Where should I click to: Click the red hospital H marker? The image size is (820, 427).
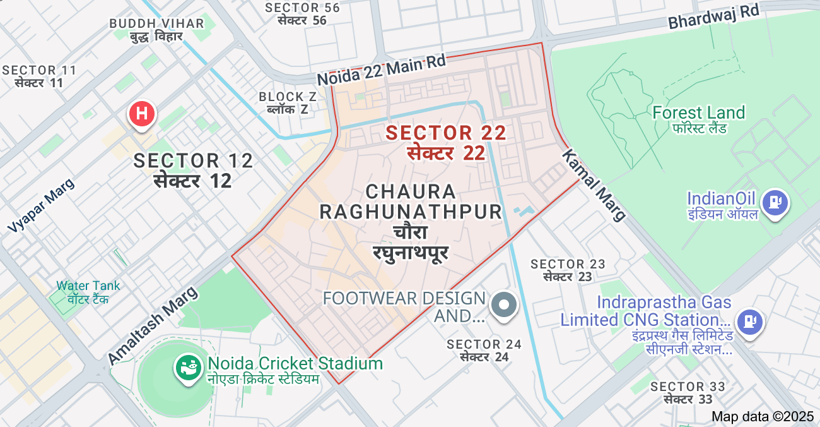(143, 114)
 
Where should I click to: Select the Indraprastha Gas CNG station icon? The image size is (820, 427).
(750, 320)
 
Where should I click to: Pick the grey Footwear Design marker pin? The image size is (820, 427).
(504, 304)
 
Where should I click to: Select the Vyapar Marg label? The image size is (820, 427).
(41, 205)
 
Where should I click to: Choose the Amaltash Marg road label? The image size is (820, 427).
(153, 325)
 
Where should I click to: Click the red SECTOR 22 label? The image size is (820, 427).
(446, 133)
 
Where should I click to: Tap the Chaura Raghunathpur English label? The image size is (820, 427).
(410, 201)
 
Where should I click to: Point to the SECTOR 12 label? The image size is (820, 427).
(193, 161)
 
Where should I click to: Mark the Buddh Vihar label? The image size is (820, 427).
(156, 23)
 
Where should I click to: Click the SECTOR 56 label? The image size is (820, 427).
(302, 8)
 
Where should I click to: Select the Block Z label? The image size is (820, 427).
(288, 97)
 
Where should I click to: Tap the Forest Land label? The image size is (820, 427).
(698, 113)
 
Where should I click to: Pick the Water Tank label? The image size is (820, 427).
(88, 286)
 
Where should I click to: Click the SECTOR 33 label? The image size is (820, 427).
(688, 387)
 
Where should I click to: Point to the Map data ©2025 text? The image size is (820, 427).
(763, 416)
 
